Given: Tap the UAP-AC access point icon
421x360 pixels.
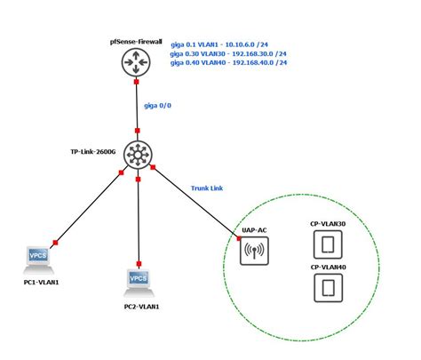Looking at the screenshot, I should (254, 252).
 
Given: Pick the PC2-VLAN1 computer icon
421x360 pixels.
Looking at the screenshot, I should (138, 283).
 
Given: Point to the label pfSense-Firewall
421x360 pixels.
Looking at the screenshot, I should (136, 40).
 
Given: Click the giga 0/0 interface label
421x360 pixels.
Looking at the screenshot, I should (158, 105).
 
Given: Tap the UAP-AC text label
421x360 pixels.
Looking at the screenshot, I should (254, 230).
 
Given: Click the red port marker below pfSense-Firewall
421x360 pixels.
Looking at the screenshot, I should (137, 83).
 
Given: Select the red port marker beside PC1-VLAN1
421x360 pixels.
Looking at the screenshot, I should (55, 242).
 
